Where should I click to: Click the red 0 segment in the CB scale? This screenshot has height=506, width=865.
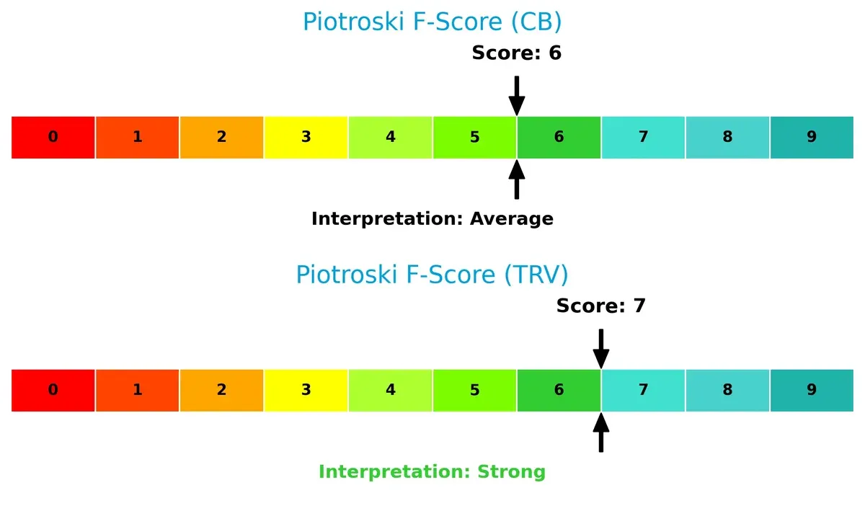coord(53,137)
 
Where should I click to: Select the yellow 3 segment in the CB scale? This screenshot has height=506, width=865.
coord(306,137)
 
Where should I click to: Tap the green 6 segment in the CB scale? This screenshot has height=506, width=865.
coord(559,137)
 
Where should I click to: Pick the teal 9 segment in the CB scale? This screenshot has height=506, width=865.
coord(812,137)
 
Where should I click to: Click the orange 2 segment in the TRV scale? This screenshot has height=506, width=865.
coord(221,390)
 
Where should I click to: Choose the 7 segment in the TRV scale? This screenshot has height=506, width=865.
coord(643,390)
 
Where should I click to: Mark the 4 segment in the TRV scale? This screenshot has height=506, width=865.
coord(390,390)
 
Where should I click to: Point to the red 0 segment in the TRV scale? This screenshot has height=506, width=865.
coord(53,390)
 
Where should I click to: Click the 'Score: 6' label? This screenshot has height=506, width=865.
coord(516,53)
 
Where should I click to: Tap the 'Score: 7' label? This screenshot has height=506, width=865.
coord(600,306)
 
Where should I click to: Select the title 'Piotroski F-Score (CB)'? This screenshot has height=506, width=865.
coord(432,22)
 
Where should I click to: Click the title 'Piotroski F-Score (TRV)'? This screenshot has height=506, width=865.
coord(432,275)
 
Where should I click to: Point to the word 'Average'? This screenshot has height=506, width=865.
coord(512,219)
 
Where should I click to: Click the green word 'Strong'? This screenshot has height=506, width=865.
coord(511,472)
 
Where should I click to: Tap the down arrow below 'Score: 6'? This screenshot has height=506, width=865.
coord(516,95)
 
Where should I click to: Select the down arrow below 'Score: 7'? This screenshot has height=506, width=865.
coord(600,348)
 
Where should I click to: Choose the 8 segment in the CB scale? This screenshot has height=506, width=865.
coord(727,137)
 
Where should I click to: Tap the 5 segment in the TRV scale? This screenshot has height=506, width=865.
coord(474,390)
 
